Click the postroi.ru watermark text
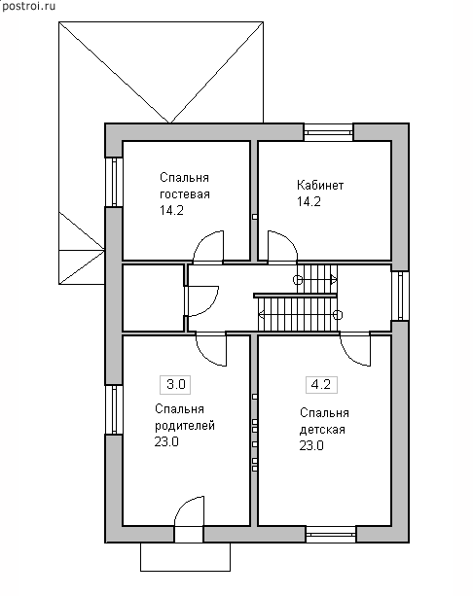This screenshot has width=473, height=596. [x=28, y=6]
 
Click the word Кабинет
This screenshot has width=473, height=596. [x=320, y=185]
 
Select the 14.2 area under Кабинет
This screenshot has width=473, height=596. [x=309, y=201]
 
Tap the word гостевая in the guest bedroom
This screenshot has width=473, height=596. [x=185, y=194]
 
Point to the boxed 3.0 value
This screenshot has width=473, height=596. [x=176, y=384]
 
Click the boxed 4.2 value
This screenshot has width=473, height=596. [x=321, y=384]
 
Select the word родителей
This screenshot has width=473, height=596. [x=185, y=426]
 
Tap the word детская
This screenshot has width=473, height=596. [x=322, y=430]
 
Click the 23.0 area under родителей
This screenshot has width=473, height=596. [x=166, y=441]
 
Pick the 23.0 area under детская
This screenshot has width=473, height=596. [x=311, y=445]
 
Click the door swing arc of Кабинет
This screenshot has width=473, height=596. [x=288, y=239]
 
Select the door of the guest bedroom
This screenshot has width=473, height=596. [x=208, y=246]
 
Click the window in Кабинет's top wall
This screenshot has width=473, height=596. [x=328, y=132]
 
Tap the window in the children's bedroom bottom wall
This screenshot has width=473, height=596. [x=331, y=534]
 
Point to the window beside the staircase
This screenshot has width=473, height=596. [x=400, y=296]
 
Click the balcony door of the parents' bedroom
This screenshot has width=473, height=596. [x=189, y=519]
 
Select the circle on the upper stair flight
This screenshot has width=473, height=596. [x=298, y=280]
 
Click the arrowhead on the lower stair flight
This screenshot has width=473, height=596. [x=262, y=314]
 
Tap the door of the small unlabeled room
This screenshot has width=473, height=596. [x=201, y=300]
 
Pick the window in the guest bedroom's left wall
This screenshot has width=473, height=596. [x=114, y=182]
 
